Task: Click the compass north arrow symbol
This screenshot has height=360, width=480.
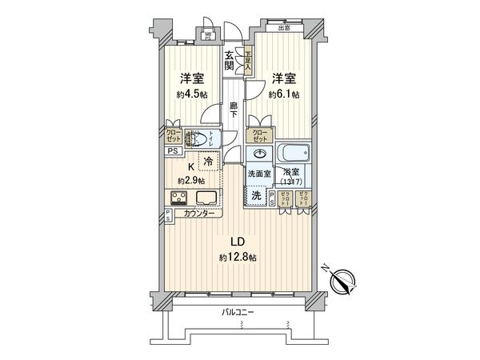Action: point(346,282)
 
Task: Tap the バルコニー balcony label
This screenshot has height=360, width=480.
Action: point(239,313)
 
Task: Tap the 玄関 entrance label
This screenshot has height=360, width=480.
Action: point(229,61)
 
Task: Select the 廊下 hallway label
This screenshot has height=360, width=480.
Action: point(234,110)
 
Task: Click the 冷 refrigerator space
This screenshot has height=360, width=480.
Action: point(208,162)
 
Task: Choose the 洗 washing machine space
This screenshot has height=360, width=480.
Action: point(256,194)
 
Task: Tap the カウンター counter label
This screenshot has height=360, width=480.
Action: point(199,214)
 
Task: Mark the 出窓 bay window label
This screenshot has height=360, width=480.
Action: point(284,30)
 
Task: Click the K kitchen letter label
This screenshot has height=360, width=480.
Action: point(190,166)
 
